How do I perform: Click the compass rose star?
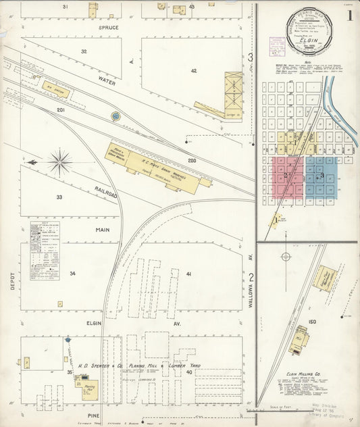(59, 161)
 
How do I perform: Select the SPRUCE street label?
(109, 28)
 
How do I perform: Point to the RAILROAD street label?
(105, 195)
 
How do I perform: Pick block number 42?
(192, 70)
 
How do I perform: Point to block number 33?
(59, 197)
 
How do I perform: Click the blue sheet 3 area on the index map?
(322, 177)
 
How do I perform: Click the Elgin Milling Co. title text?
(307, 374)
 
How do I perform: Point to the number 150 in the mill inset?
(312, 322)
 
